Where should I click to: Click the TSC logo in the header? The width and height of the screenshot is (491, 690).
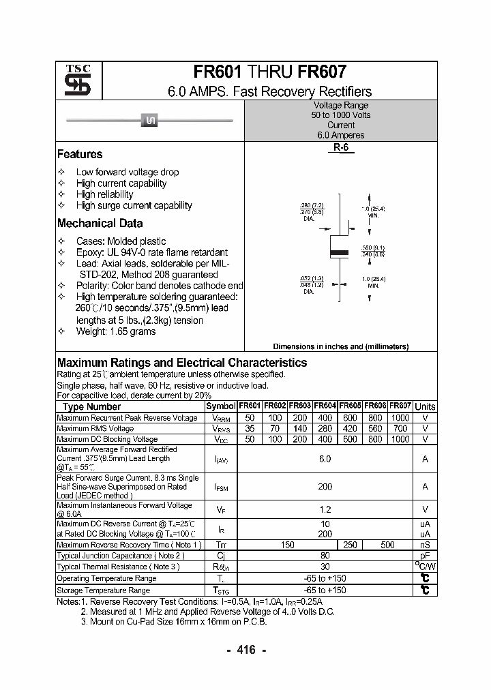tap(73, 81)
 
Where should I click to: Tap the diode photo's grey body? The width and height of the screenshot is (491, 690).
tap(149, 121)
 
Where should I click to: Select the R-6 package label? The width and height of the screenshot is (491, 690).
tap(341, 148)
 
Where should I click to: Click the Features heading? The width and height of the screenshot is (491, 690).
tap(80, 154)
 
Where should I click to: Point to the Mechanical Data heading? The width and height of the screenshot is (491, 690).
tap(100, 223)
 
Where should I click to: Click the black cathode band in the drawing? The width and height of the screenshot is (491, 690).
tap(340, 253)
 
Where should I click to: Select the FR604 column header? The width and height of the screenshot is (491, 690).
tap(325, 406)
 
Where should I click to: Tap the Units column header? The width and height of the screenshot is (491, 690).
tap(425, 406)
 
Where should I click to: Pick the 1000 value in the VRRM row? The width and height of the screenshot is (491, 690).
tap(400, 417)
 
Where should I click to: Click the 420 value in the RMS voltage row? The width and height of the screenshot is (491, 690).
tap(350, 428)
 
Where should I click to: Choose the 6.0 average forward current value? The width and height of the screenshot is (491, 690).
tap(325, 459)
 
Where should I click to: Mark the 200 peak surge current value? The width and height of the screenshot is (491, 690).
tap(325, 487)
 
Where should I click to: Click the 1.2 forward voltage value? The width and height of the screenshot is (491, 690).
tap(325, 509)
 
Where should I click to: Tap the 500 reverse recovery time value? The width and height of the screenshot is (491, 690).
tap(387, 545)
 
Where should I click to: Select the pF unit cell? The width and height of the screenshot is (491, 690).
tap(425, 556)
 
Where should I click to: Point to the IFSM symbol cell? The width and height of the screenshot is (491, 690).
tap(221, 487)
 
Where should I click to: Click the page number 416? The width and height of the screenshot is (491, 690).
tap(245, 650)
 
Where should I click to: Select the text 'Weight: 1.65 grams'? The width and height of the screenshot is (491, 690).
tap(115, 331)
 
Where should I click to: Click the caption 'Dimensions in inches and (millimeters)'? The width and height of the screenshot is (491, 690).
tap(340, 346)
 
